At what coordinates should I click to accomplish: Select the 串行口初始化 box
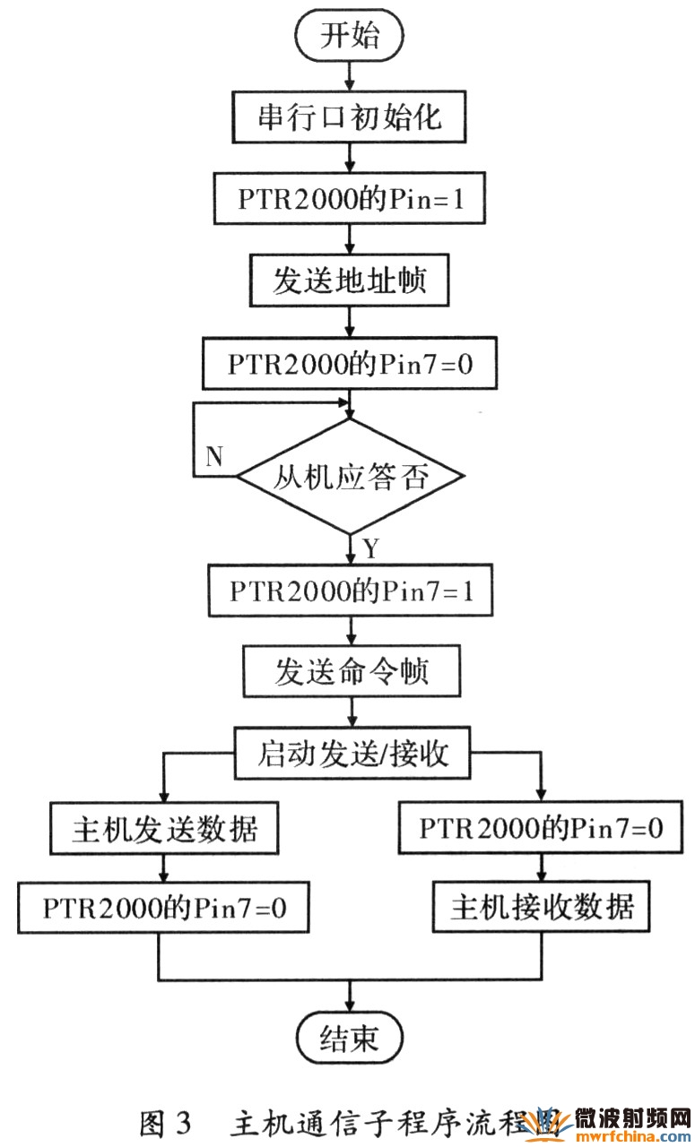click(x=350, y=116)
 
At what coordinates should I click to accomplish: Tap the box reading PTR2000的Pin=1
click(x=350, y=198)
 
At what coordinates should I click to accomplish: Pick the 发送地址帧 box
click(x=350, y=282)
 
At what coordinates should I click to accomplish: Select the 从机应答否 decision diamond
click(x=350, y=476)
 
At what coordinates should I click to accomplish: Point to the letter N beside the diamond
click(x=213, y=456)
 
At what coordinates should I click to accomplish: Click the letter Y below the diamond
click(x=370, y=547)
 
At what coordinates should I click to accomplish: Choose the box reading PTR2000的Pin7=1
click(x=350, y=591)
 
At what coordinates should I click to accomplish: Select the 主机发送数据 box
click(x=164, y=829)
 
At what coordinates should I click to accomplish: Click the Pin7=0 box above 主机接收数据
click(x=542, y=829)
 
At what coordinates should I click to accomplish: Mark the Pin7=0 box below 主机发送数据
click(x=164, y=909)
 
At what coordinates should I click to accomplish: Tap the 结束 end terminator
click(x=350, y=1039)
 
